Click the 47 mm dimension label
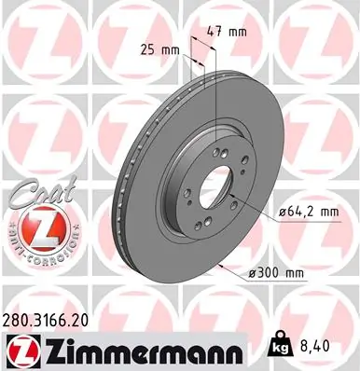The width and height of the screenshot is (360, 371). click(232, 33)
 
